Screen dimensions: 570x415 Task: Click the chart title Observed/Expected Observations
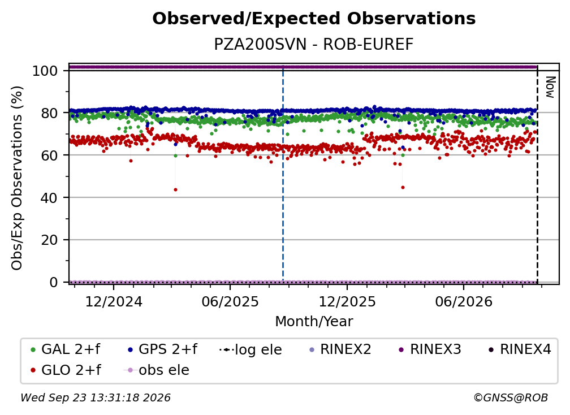[314, 19]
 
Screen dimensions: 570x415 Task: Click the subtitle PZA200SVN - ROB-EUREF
[314, 45]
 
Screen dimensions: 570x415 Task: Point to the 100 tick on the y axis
[45, 71]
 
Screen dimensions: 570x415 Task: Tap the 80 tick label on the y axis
[49, 113]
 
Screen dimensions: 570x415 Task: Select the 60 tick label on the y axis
[49, 155]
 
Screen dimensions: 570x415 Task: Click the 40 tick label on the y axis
[49, 198]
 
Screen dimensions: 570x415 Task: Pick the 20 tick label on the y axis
[49, 240]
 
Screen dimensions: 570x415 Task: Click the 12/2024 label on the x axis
[114, 301]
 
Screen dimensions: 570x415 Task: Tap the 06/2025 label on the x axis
[230, 301]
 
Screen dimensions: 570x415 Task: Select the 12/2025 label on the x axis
[347, 301]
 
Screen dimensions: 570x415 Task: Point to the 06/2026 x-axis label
[464, 301]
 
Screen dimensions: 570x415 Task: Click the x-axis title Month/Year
[314, 322]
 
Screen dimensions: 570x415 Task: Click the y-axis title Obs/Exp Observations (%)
[17, 178]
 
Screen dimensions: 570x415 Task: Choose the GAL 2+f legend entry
[66, 349]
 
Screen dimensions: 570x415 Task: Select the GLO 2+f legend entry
[66, 370]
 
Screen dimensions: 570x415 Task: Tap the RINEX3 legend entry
[430, 349]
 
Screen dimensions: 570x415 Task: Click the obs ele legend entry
[157, 370]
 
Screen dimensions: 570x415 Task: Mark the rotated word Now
[550, 87]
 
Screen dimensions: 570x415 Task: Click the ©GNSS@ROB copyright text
[511, 398]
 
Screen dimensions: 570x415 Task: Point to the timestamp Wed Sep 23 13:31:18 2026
[95, 398]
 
